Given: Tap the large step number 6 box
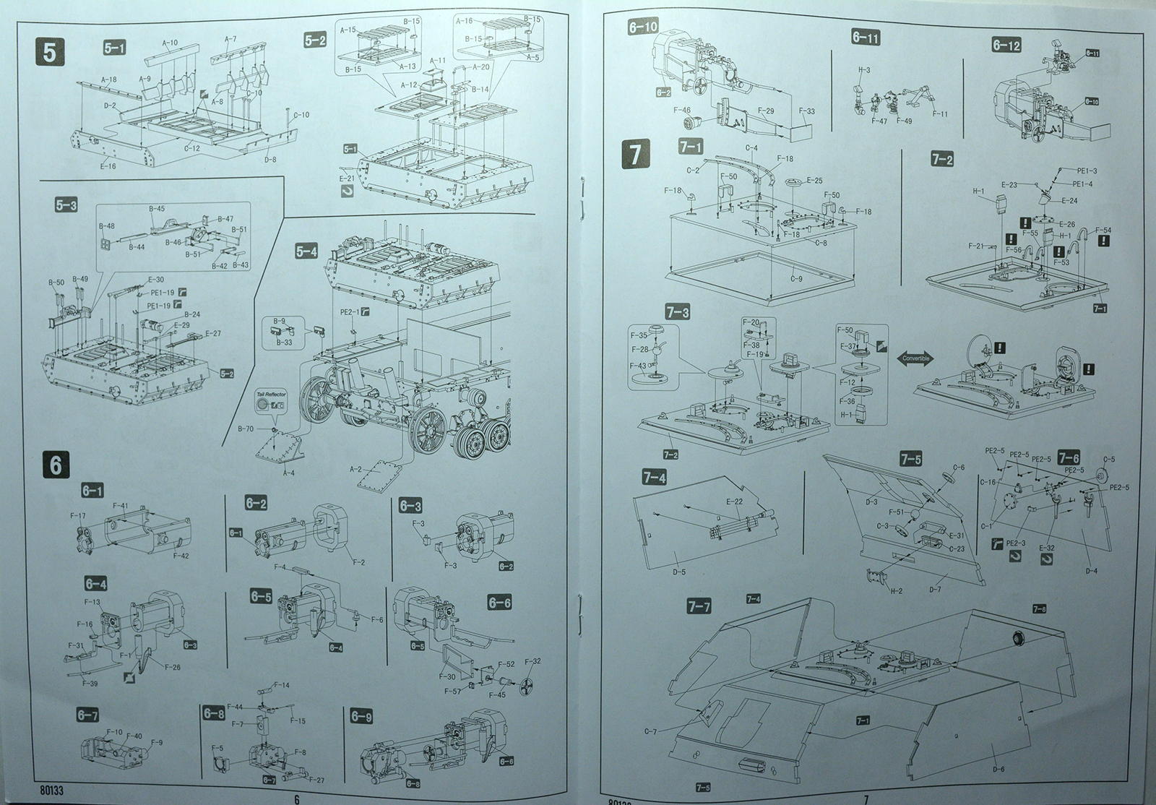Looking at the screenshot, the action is pyautogui.click(x=56, y=465).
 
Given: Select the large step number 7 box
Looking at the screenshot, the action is pyautogui.click(x=634, y=155).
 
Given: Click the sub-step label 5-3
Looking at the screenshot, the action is pyautogui.click(x=66, y=204).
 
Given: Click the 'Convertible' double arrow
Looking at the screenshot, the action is pyautogui.click(x=915, y=358).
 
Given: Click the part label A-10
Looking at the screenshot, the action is pyautogui.click(x=170, y=43).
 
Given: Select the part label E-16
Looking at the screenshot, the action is pyautogui.click(x=108, y=166).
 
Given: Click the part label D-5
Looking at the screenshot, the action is pyautogui.click(x=678, y=572).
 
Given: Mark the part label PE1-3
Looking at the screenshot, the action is pyautogui.click(x=1087, y=171).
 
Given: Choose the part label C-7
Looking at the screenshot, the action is pyautogui.click(x=650, y=732).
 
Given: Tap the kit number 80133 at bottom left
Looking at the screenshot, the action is pyautogui.click(x=48, y=791).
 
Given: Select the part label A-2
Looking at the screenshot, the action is pyautogui.click(x=355, y=470).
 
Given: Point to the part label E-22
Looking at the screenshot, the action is pyautogui.click(x=734, y=502).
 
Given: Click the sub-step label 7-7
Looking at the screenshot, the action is pyautogui.click(x=699, y=606).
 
